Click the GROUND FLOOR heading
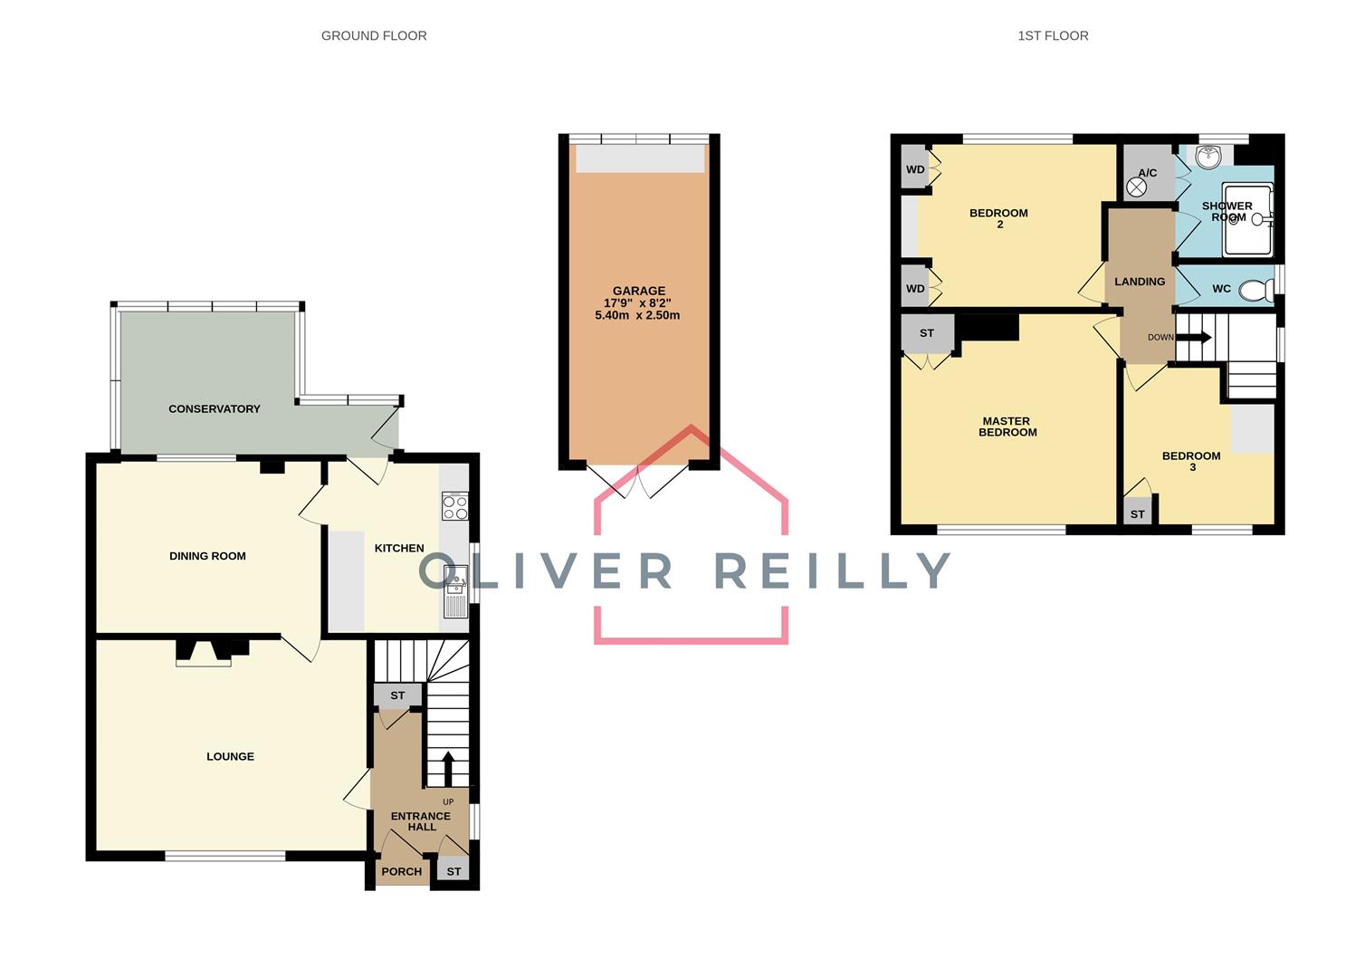[x=374, y=36]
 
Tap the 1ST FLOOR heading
[x=1053, y=36]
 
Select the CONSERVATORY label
[x=215, y=409]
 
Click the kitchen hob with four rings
[x=455, y=506]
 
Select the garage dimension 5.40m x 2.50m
[x=637, y=316]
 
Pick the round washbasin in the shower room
[x=1207, y=158]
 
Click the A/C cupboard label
[x=1148, y=172]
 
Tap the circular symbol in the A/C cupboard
[x=1137, y=187]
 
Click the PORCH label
[x=402, y=872]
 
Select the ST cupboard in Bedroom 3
[x=1138, y=514]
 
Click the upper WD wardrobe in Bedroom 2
[x=915, y=169]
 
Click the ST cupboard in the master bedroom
[x=927, y=333]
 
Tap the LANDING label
[x=1140, y=282]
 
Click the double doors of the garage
[x=638, y=481]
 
